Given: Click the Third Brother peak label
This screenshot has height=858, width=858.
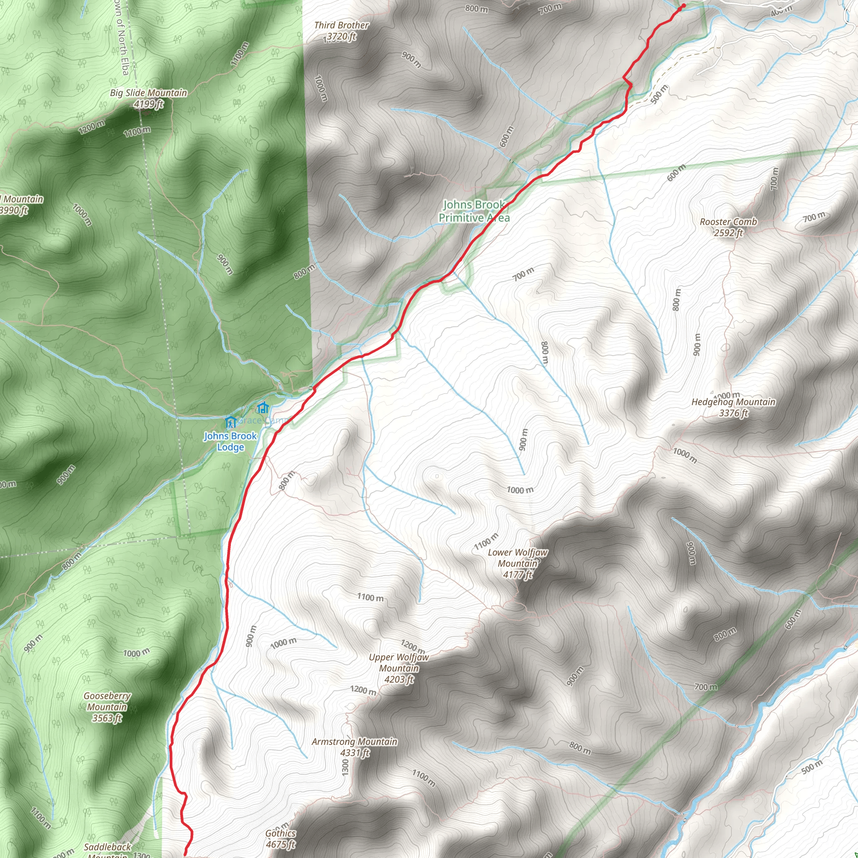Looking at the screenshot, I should (x=341, y=25).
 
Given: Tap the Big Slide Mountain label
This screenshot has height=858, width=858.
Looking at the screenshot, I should (x=148, y=93).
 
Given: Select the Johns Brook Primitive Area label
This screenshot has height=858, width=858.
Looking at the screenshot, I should (x=474, y=211).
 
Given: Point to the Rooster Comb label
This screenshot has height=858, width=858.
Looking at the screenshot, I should (x=728, y=222).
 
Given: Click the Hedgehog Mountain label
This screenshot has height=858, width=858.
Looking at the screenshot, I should (x=733, y=402).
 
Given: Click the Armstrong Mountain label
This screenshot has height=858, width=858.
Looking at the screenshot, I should (x=354, y=741).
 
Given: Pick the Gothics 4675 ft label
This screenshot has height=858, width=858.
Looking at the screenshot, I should (x=280, y=838).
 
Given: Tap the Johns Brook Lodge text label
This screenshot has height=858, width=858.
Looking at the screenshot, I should (x=230, y=442).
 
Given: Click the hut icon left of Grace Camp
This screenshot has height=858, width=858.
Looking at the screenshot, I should (x=230, y=421).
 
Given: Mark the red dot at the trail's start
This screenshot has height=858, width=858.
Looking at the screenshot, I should (x=683, y=6).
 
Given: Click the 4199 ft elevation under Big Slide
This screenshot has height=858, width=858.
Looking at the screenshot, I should (x=148, y=104).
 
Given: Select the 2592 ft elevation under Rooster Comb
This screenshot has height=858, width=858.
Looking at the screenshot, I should (x=728, y=233).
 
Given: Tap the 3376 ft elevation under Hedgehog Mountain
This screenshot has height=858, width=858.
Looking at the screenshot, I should (x=733, y=413).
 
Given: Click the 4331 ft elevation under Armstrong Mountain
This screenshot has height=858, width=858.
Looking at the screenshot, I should (x=354, y=752).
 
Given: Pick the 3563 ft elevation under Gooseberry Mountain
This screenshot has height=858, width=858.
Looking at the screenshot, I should (x=107, y=718).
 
